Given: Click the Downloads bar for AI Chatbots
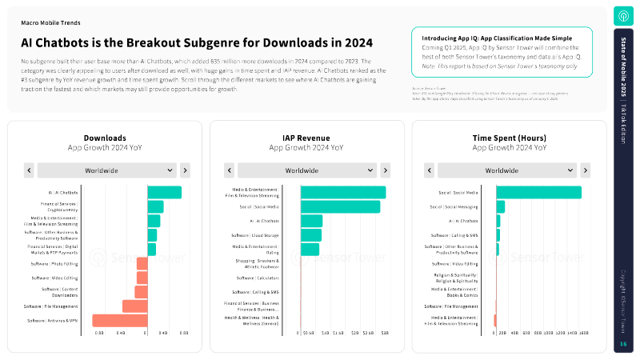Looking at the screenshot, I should coord(165,193).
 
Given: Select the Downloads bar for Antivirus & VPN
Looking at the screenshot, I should coord(120,321).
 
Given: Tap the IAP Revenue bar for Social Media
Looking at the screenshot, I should coord(340,206).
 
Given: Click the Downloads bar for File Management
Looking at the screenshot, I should coord(134,306).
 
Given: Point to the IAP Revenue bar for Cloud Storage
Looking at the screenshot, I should coord(311,235).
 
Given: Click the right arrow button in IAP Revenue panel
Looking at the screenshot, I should coord(386,170).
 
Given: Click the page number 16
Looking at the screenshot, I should coord(623,344).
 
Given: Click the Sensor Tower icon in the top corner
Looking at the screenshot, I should coord(623,16).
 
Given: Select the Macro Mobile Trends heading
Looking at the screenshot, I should coord(50,24).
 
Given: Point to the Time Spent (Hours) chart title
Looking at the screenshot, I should coord(510,138).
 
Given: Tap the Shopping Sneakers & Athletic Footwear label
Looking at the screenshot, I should coord(256,263).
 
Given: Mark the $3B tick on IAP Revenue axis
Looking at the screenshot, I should coord(385,332).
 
